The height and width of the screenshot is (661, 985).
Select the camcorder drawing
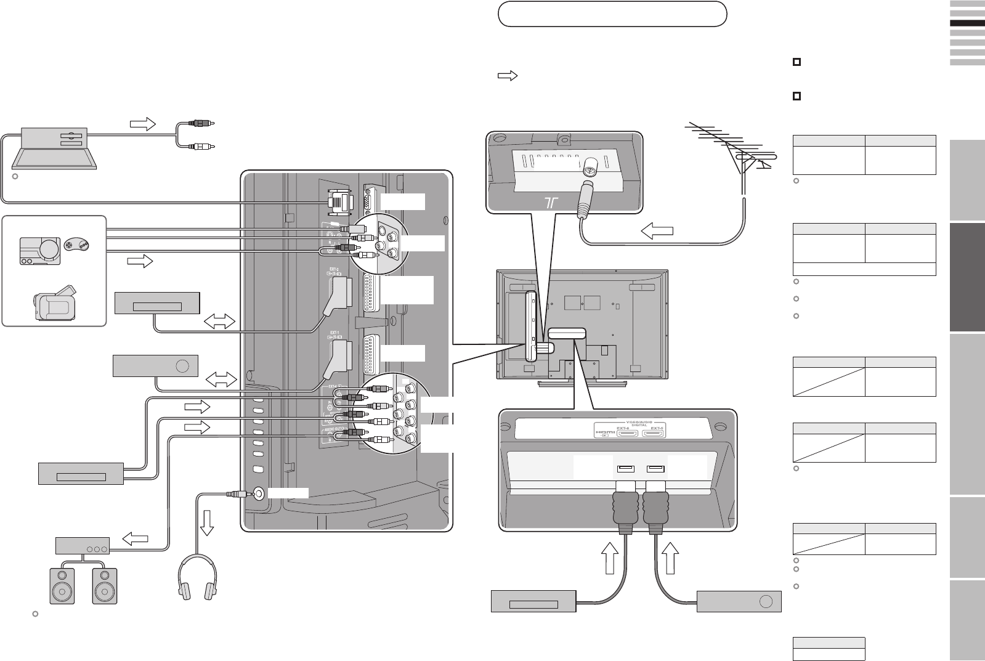(55, 304)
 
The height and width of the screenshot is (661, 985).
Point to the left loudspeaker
(62, 585)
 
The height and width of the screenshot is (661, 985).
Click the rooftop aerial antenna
(730, 148)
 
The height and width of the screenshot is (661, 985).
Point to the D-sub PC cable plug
(339, 201)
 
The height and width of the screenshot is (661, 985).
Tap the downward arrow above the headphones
(208, 522)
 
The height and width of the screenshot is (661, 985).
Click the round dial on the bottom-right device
(766, 602)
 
